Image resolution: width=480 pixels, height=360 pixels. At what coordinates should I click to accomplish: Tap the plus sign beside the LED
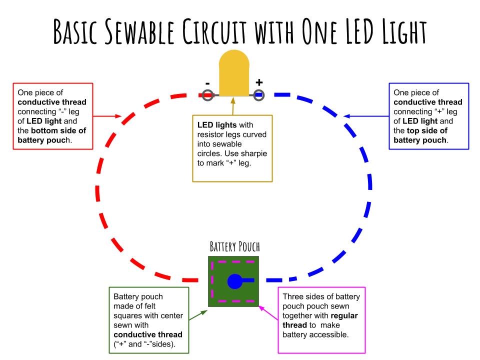coord(259,81)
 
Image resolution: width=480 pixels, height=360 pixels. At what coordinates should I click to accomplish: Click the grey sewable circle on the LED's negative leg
coord(207,94)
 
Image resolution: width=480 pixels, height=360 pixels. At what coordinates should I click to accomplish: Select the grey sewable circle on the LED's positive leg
coord(259,94)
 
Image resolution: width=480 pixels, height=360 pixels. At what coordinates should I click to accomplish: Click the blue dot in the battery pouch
coord(234,281)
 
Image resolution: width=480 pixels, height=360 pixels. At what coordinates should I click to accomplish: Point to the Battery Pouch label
coord(234,247)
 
